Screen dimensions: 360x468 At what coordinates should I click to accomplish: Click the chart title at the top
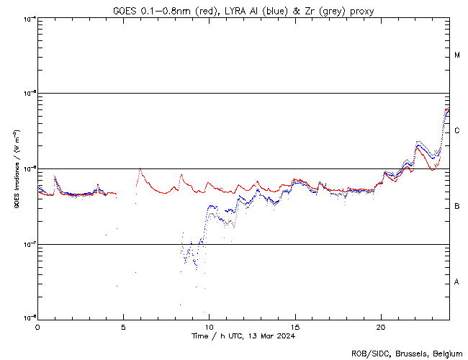pos(243,10)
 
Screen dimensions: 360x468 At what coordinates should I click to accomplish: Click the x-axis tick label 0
pos(37,326)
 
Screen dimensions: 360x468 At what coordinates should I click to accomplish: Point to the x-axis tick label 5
pos(123,326)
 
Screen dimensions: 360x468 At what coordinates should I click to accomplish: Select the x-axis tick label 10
pos(209,326)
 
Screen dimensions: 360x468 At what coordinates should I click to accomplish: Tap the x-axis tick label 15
pos(294,326)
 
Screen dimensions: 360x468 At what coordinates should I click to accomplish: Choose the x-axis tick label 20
pos(380,326)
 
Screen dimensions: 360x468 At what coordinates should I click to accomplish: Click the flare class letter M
pos(457,55)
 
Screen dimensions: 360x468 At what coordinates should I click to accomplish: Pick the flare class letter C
pos(457,131)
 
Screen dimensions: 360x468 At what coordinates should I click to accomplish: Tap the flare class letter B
pos(457,207)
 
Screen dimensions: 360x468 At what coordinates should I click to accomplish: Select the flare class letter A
pos(457,282)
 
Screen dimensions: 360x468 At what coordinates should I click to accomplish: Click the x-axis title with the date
pos(243,336)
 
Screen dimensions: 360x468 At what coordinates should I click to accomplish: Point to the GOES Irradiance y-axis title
pos(15,169)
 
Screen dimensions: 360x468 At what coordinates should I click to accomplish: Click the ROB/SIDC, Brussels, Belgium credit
pos(406,353)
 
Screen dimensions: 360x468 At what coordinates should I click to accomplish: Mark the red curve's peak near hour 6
pos(140,169)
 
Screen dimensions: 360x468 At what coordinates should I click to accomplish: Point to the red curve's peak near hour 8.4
pos(181,174)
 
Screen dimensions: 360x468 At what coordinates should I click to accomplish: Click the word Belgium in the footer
pos(444,353)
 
